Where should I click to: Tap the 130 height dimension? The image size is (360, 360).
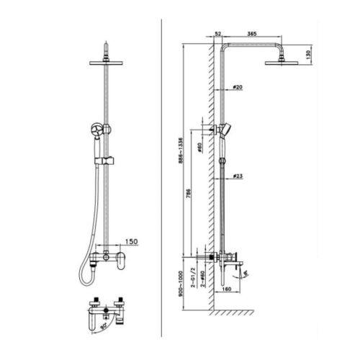[308, 53]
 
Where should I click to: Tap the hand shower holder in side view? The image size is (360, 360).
[226, 130]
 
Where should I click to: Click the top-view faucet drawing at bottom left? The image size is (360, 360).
[106, 310]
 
